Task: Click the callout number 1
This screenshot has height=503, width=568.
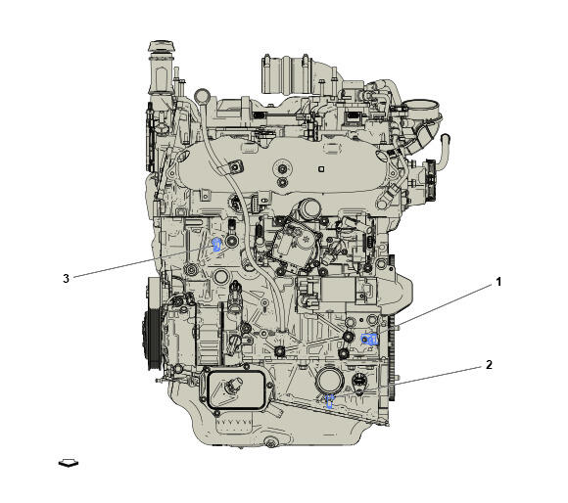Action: pos(497,282)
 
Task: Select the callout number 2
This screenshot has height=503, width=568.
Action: pos(489,365)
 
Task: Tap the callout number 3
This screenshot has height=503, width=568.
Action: pos(66,278)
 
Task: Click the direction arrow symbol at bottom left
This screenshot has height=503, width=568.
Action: pos(69,462)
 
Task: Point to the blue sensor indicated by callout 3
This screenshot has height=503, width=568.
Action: pos(216,244)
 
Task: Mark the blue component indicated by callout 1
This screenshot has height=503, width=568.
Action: pos(371,339)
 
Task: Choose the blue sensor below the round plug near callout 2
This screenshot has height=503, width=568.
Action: pos(330,400)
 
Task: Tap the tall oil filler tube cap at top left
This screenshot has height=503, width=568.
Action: pos(159,49)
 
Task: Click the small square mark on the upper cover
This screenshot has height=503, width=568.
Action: pos(322,167)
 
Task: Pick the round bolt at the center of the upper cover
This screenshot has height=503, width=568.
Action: pos(281,180)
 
